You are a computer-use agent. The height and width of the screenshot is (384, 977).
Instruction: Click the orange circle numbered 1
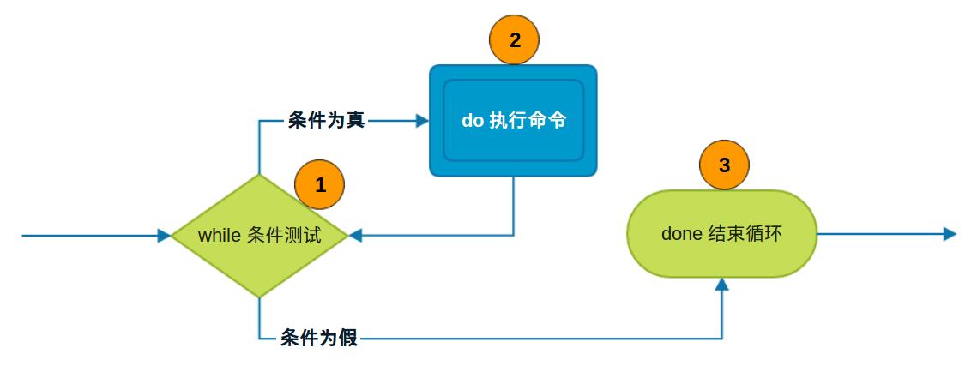coord(319,185)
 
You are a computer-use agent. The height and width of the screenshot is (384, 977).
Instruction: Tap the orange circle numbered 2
coord(514,40)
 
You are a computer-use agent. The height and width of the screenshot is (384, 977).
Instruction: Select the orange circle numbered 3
coord(724,165)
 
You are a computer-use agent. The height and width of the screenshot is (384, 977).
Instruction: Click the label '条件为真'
coord(326,121)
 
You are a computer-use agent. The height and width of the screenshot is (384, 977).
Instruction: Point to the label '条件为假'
coord(319,339)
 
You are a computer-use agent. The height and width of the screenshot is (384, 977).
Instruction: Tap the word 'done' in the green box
coord(681,234)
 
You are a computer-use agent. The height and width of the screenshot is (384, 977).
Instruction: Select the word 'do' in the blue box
coord(473,121)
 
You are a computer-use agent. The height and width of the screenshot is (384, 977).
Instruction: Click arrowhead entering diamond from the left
coord(165,236)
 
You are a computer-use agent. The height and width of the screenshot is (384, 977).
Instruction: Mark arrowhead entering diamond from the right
coord(355,236)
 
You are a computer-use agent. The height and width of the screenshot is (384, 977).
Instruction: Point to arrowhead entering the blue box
coord(422,121)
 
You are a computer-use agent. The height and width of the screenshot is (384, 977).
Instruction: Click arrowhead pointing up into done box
coord(722,285)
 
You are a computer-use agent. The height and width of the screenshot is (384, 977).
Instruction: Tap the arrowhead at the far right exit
coord(949,233)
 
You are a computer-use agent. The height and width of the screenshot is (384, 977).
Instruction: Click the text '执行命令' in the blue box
coord(528,121)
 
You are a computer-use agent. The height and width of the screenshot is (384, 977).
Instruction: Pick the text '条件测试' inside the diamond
coord(284,236)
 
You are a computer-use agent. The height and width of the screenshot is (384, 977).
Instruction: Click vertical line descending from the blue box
coord(513,206)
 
